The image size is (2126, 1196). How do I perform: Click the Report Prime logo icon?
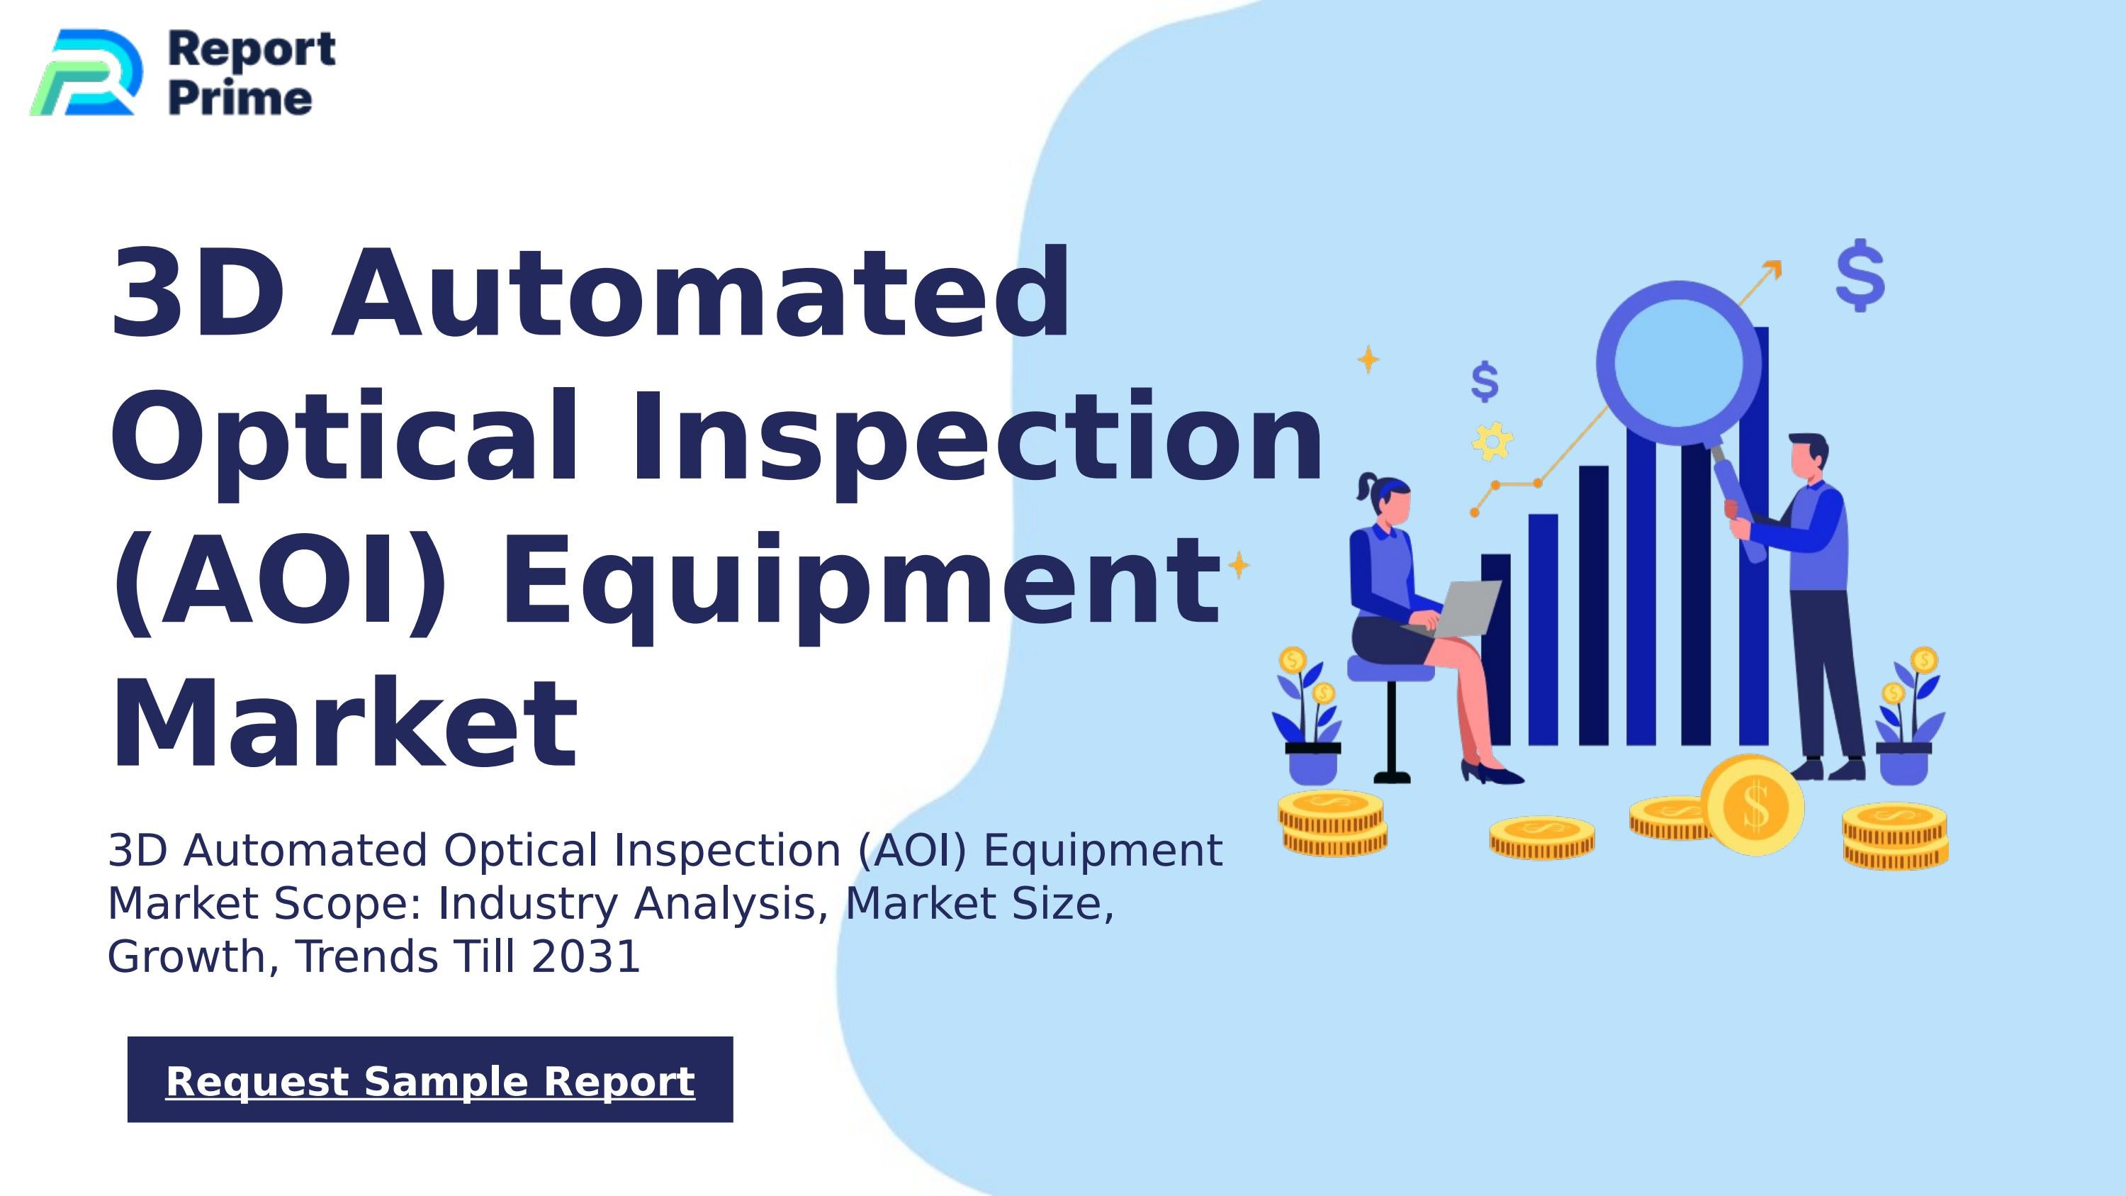coord(86,72)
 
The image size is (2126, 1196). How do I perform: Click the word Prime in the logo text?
coord(240,99)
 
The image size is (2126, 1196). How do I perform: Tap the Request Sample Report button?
coord(430,1080)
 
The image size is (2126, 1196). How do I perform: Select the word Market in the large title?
coord(344,724)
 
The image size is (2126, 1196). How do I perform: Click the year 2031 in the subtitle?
coord(586,956)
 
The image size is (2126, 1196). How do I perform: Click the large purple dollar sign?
coord(1860,276)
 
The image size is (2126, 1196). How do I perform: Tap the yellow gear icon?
coord(1492,441)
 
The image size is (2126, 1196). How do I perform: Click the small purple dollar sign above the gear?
coord(1485,382)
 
